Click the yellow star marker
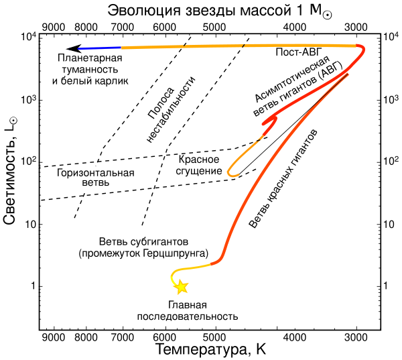pos(181,287)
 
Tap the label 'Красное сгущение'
pos(200,165)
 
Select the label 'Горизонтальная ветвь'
pos(96,177)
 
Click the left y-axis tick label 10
pos(27,224)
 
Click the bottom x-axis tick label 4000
pos(294,337)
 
